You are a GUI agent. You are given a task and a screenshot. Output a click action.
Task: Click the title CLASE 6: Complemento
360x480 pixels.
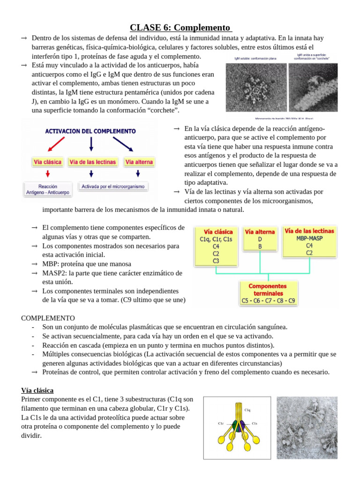click(180, 28)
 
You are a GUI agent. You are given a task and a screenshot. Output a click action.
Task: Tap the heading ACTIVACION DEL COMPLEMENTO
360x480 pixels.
click(90, 131)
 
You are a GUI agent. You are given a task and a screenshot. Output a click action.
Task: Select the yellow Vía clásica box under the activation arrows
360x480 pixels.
click(48, 162)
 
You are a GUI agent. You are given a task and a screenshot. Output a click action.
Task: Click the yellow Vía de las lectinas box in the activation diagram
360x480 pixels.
click(93, 162)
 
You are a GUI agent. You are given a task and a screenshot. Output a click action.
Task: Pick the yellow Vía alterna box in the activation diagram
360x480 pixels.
click(139, 162)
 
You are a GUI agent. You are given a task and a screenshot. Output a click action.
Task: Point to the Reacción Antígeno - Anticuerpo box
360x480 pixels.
click(48, 189)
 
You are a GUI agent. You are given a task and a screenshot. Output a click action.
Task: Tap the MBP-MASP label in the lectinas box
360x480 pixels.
click(309, 238)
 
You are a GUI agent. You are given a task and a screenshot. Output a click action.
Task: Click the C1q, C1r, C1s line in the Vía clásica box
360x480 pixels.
click(216, 239)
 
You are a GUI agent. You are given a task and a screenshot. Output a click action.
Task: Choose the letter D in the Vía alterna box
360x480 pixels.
click(260, 239)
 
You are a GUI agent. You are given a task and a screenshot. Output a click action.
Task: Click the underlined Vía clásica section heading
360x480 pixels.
click(37, 390)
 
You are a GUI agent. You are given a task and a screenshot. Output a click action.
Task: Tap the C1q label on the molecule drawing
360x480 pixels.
click(247, 410)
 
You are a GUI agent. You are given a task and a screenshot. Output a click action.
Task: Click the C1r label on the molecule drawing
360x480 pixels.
click(221, 423)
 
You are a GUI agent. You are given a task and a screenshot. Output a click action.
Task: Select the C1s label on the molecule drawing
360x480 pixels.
click(255, 423)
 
